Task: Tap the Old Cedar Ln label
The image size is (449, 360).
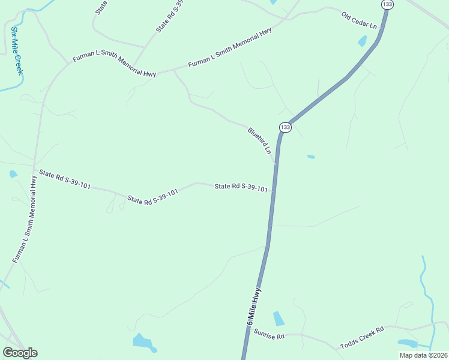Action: [x=360, y=20]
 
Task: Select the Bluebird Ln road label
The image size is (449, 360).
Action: [x=260, y=140]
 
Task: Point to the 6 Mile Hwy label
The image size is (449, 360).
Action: [x=254, y=307]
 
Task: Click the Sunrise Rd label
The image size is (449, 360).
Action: [x=268, y=335]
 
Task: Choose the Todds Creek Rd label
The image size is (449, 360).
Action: [x=361, y=338]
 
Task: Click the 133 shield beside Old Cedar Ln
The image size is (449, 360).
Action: [x=387, y=4]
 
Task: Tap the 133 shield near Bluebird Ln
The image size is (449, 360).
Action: [x=285, y=127]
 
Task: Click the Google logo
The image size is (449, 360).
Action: [x=20, y=353]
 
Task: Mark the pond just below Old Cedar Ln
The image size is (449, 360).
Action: [x=363, y=41]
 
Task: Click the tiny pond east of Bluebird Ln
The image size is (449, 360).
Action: [x=311, y=157]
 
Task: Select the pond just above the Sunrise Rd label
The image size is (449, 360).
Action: [x=279, y=319]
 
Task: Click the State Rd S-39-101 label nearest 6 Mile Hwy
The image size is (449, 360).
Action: [x=241, y=188]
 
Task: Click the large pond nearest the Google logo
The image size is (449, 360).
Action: [x=144, y=342]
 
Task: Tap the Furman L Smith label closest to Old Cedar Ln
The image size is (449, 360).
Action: [x=230, y=47]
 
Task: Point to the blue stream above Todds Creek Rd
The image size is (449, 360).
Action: [x=427, y=288]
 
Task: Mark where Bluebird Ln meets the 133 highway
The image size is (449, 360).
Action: [x=276, y=162]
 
